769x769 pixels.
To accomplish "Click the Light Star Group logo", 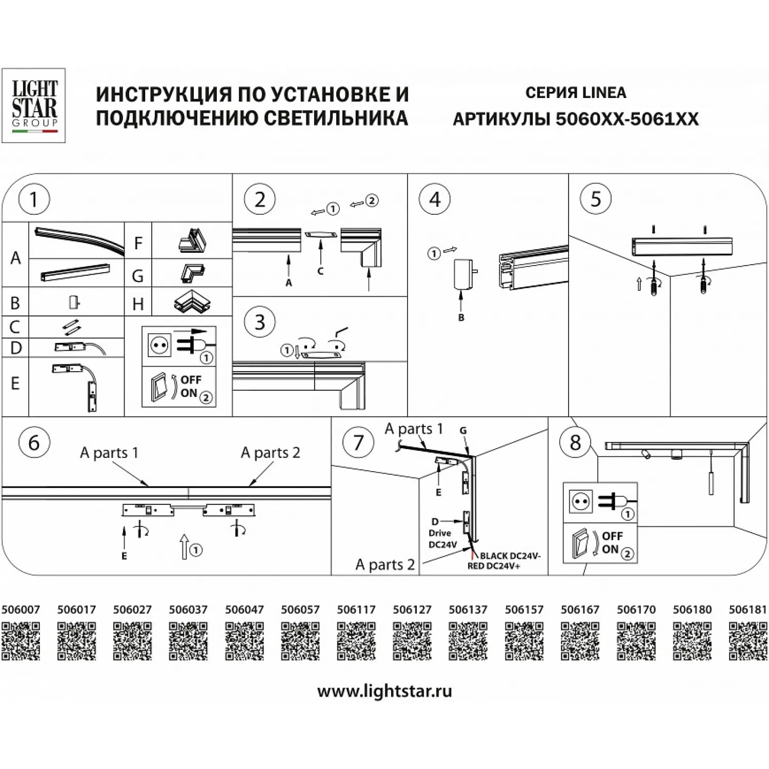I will point(34,105).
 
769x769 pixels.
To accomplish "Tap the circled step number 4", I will point(435,199).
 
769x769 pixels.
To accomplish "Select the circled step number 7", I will point(358,442).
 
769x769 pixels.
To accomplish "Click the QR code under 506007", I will point(21,641).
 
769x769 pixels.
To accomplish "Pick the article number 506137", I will point(468,610).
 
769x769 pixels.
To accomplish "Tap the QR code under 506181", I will point(748,641).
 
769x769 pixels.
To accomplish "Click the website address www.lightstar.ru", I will point(385,691).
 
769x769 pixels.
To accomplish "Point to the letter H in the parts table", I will point(138,304).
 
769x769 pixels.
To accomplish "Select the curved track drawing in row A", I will point(79,239).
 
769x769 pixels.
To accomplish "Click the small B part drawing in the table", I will point(75,302).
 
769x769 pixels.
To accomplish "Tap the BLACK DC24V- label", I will point(510,556).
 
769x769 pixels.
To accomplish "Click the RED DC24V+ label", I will point(494,566).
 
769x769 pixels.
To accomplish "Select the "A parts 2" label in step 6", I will point(270,453).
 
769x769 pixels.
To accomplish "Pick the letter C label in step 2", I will point(320,271).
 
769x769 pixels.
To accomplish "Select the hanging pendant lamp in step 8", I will point(711,477).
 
